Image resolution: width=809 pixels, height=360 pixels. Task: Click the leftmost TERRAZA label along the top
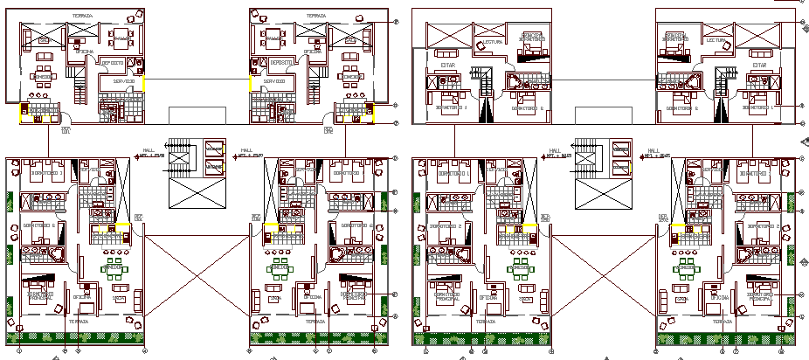[81, 16]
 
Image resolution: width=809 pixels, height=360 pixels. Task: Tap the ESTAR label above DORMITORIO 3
[446, 65]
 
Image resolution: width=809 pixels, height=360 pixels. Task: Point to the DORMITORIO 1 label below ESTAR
[756, 108]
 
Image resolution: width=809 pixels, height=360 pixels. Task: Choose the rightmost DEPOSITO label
[282, 63]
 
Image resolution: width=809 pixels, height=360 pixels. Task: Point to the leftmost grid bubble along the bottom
[19, 350]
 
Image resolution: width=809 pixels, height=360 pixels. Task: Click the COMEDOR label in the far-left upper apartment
[41, 76]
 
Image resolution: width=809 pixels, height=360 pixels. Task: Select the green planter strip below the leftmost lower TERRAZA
[79, 337]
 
